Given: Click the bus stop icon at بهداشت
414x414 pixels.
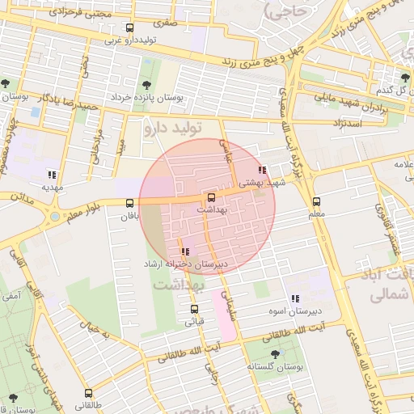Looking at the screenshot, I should pyautogui.click(x=212, y=197).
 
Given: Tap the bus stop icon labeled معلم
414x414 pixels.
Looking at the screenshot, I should pyautogui.click(x=316, y=202).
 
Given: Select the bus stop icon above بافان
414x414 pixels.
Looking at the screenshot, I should pyautogui.click(x=130, y=204).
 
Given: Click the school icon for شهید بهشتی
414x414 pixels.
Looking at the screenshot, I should pyautogui.click(x=261, y=171).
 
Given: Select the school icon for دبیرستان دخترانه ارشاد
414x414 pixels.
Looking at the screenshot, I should pyautogui.click(x=186, y=251).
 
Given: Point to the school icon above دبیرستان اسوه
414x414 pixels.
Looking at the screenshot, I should pyautogui.click(x=295, y=298).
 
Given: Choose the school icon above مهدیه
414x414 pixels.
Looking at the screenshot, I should pyautogui.click(x=52, y=175).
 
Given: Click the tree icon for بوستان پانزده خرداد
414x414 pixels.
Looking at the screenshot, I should pyautogui.click(x=146, y=84).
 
